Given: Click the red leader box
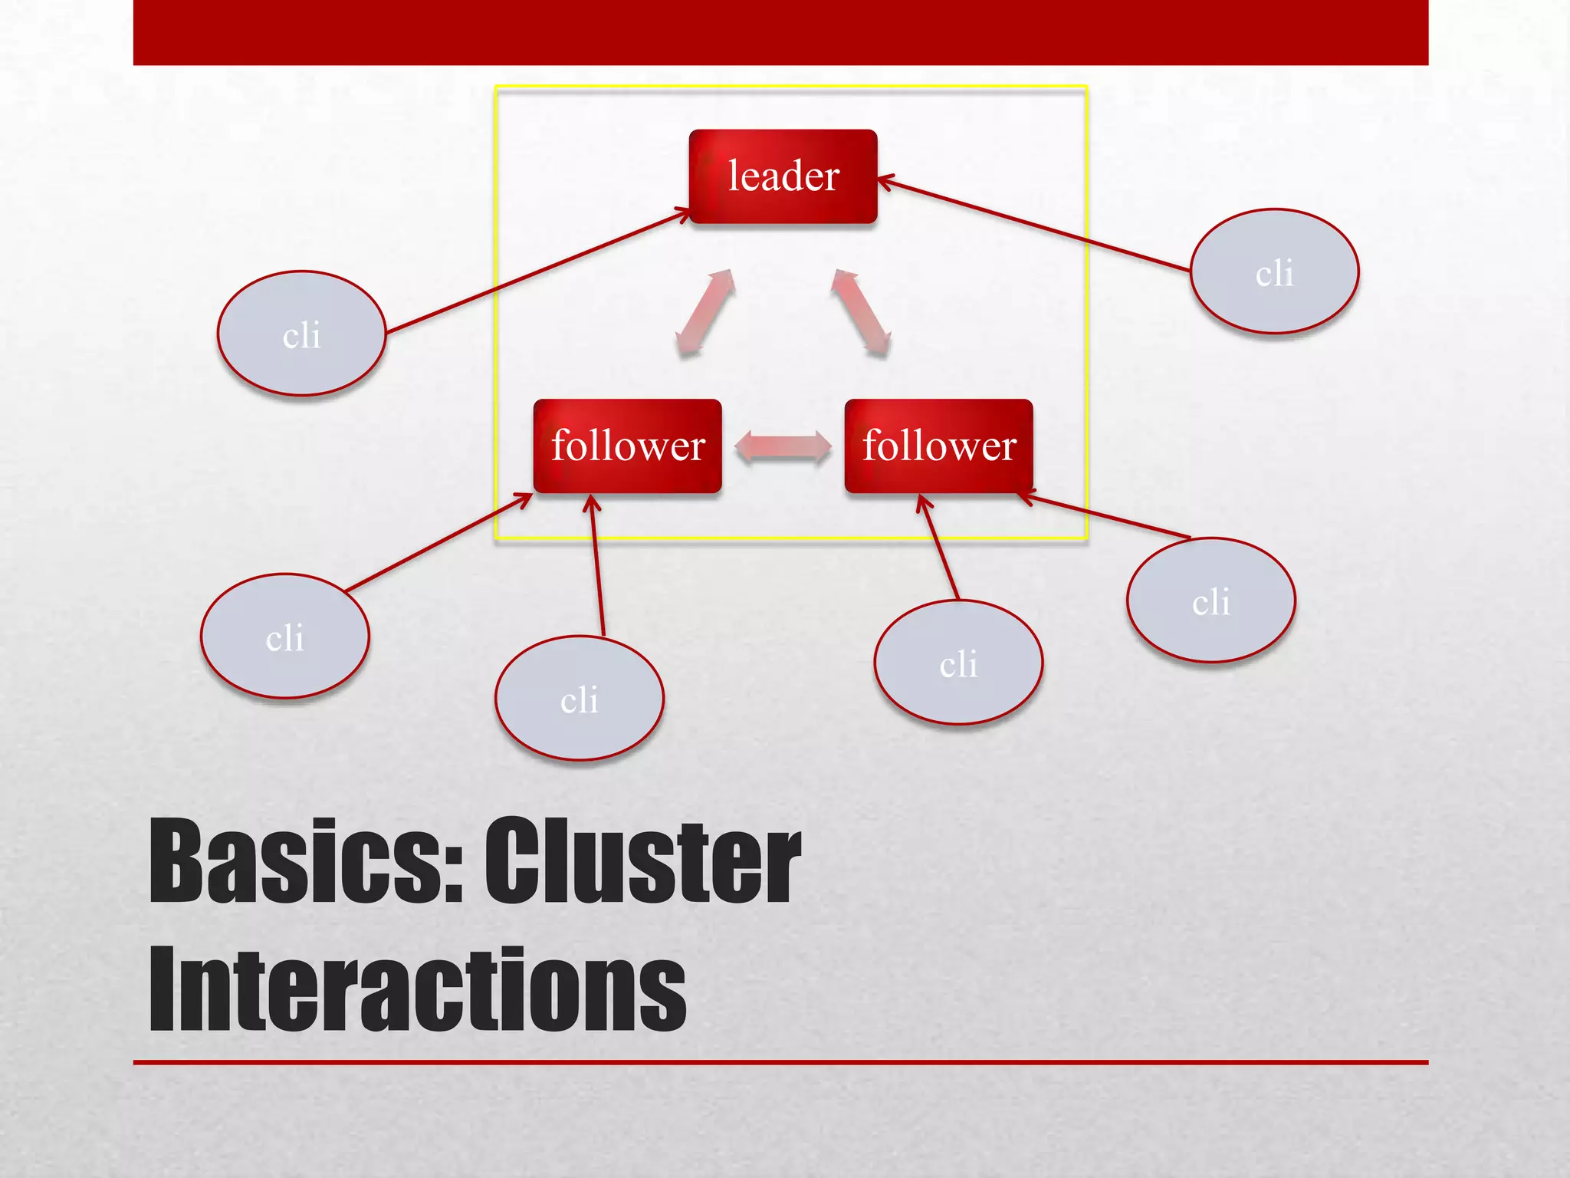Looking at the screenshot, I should [783, 176].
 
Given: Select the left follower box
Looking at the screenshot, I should [627, 446].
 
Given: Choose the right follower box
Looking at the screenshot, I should [938, 446].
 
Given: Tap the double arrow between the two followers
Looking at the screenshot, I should [783, 447].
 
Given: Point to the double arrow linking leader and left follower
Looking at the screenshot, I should [705, 312].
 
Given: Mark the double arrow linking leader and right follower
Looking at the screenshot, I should [861, 312].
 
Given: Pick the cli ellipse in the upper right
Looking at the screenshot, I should [1274, 271].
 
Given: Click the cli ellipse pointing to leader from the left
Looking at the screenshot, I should [301, 334].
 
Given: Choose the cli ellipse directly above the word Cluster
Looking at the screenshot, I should [579, 698].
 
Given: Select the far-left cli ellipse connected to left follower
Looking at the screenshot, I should [284, 636].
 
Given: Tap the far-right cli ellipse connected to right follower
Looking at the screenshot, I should [1210, 600].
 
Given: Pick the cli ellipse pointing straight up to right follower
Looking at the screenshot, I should [957, 662].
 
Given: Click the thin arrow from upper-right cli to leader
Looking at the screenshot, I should [1035, 225].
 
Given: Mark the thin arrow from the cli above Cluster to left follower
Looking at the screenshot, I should [597, 568].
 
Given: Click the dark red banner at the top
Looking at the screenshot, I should [780, 32].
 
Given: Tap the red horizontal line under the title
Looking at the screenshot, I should [780, 1062].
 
